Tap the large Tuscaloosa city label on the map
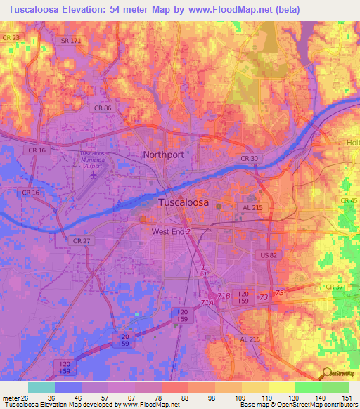coord(184,202)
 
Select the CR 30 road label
coord(250,159)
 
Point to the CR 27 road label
coord(82,240)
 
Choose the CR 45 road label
coord(349,201)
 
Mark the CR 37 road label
coord(335,287)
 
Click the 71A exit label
coord(207,302)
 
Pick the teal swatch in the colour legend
coord(41,387)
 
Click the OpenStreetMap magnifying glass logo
coord(327,373)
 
